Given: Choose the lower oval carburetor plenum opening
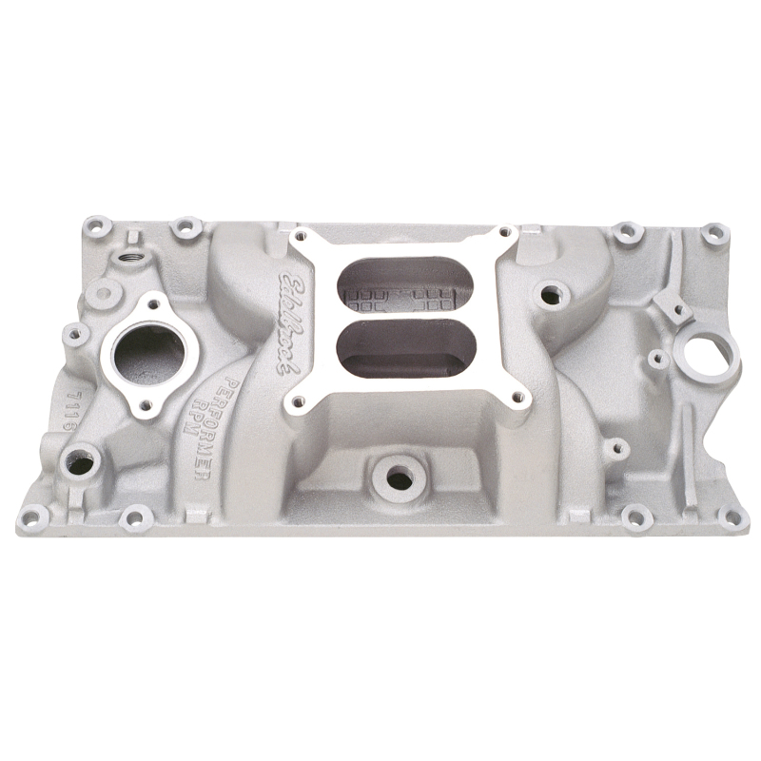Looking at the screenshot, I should click(404, 346).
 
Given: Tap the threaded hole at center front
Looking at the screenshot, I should click(400, 479).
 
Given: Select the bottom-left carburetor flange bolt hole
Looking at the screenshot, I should click(296, 402).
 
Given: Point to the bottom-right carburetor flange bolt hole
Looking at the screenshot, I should click(518, 400).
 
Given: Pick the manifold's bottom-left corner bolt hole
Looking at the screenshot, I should click(34, 517).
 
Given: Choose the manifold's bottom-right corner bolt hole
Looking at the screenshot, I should click(732, 517).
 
